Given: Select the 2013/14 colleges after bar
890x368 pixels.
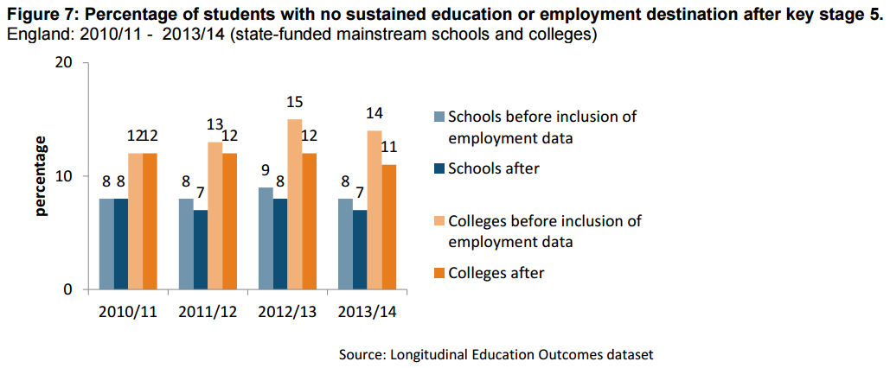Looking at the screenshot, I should tap(389, 226).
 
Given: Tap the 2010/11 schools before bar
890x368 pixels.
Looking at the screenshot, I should tap(106, 244).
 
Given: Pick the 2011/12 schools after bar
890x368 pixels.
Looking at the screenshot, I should tap(201, 250).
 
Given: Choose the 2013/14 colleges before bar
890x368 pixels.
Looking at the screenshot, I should tap(375, 210).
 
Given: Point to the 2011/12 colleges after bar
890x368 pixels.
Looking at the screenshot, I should tap(229, 221).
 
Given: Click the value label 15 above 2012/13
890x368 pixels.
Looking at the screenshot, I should tap(295, 103).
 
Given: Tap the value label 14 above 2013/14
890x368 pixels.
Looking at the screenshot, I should tap(375, 113).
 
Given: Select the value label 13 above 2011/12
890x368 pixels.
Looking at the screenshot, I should tap(214, 124).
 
